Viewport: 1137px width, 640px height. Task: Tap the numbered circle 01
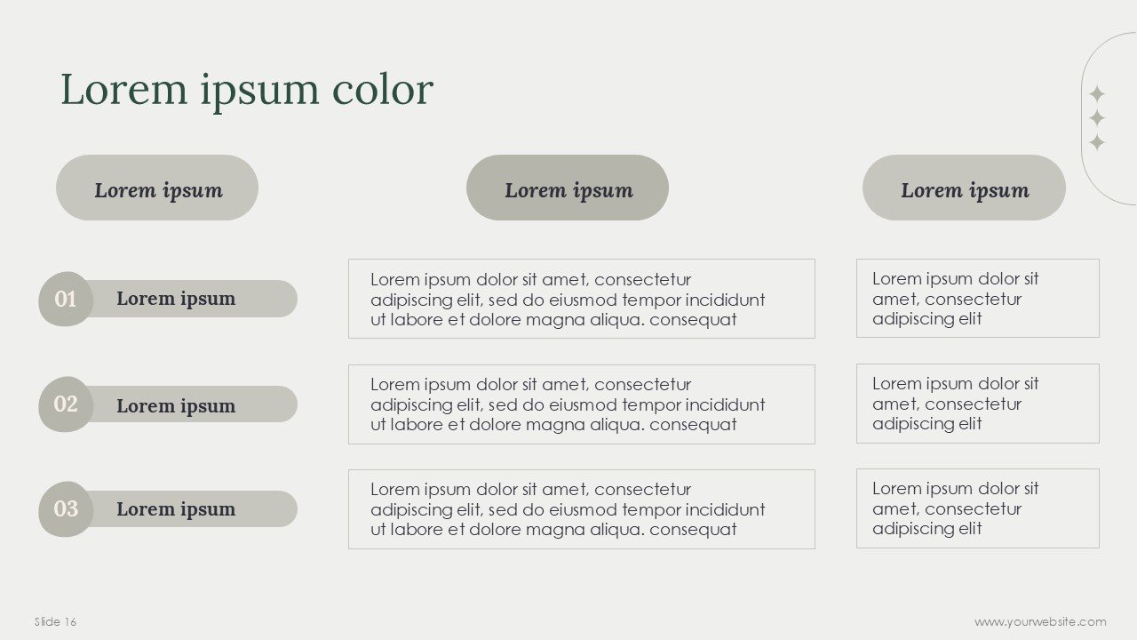pyautogui.click(x=66, y=299)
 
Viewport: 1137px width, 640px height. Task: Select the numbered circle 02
pyautogui.click(x=66, y=404)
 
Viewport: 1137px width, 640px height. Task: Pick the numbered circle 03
pyautogui.click(x=66, y=508)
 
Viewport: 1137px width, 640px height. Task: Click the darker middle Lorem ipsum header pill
pyautogui.click(x=568, y=188)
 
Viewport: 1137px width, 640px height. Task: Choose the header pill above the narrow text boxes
pyautogui.click(x=964, y=188)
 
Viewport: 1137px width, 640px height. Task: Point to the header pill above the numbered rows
pyautogui.click(x=157, y=188)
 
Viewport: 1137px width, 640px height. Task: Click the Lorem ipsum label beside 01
pyautogui.click(x=176, y=299)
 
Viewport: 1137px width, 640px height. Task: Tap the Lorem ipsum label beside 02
pyautogui.click(x=176, y=405)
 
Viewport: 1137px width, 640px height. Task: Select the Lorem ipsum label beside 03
pyautogui.click(x=176, y=509)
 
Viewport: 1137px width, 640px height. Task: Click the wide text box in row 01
pyautogui.click(x=581, y=299)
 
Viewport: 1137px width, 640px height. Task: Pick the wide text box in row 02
pyautogui.click(x=581, y=404)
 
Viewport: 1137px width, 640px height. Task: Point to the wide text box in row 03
pyautogui.click(x=581, y=509)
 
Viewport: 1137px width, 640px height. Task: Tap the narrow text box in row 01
pyautogui.click(x=977, y=299)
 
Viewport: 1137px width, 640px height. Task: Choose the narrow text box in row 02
pyautogui.click(x=977, y=404)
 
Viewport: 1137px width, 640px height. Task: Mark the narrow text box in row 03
pyautogui.click(x=977, y=508)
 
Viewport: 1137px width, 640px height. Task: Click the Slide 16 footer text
pyautogui.click(x=55, y=621)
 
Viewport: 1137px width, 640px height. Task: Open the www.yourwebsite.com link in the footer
pyautogui.click(x=1040, y=621)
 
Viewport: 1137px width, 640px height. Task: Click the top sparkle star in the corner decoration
pyautogui.click(x=1097, y=93)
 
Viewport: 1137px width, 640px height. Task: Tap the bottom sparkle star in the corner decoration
pyautogui.click(x=1097, y=142)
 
